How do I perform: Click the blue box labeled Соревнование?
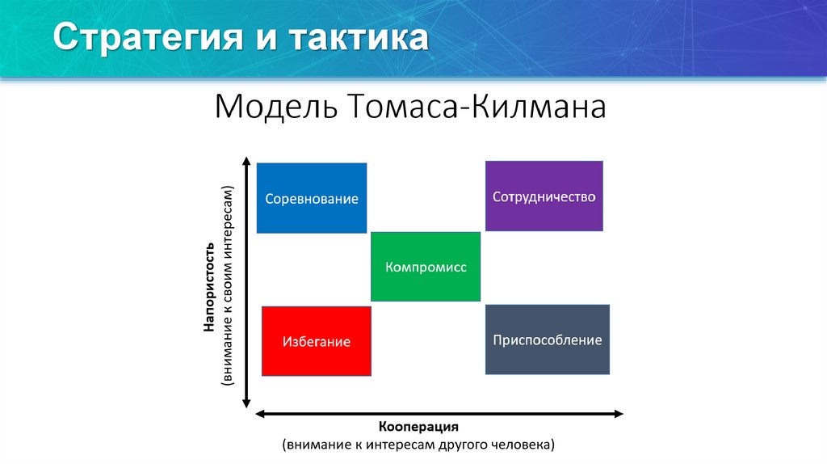311,198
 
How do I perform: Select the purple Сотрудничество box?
544,196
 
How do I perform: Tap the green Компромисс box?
426,267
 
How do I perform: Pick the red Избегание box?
317,341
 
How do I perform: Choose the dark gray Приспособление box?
547,340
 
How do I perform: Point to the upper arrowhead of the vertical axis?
247,164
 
